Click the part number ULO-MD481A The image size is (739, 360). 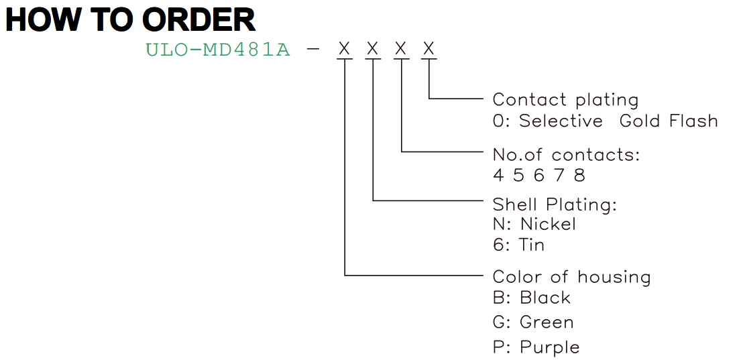coord(218,50)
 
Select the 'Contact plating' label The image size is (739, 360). coord(565,100)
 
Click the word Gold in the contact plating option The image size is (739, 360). coord(640,121)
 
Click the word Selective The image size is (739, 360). coord(561,121)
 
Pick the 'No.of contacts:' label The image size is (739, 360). coord(567,155)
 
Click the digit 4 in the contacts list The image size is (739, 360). coord(498,175)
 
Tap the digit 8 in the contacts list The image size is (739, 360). coord(579,175)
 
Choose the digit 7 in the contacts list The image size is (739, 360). coord(559,175)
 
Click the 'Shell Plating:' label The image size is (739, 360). coord(555,204)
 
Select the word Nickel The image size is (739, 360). coord(548,224)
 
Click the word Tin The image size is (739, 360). coord(532,245)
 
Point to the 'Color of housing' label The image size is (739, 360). coord(571,277)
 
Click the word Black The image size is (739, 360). coord(545,298)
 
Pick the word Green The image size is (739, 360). coord(547,322)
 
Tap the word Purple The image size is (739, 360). coord(549,348)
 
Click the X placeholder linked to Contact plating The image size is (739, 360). coord(429,48)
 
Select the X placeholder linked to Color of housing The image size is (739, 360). coord(345,48)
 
